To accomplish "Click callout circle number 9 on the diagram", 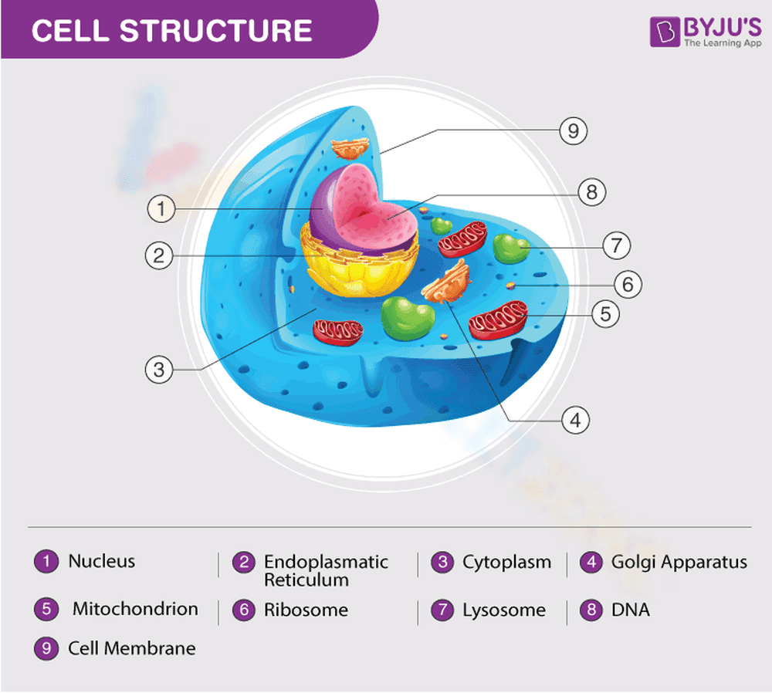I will (573, 130).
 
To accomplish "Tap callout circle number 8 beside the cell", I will (592, 191).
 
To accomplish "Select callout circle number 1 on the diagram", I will (161, 208).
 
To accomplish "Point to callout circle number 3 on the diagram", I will (159, 369).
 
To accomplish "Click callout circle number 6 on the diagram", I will (628, 284).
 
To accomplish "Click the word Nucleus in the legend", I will (101, 561).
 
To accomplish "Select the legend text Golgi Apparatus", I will (679, 562).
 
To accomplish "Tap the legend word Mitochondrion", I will (135, 609).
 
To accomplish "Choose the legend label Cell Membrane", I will (131, 648).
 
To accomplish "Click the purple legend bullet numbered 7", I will (443, 610).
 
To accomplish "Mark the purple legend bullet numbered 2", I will (244, 563).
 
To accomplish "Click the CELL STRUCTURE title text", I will (171, 30).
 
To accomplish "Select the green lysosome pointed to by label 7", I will (510, 248).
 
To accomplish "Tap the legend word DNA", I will (630, 610).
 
